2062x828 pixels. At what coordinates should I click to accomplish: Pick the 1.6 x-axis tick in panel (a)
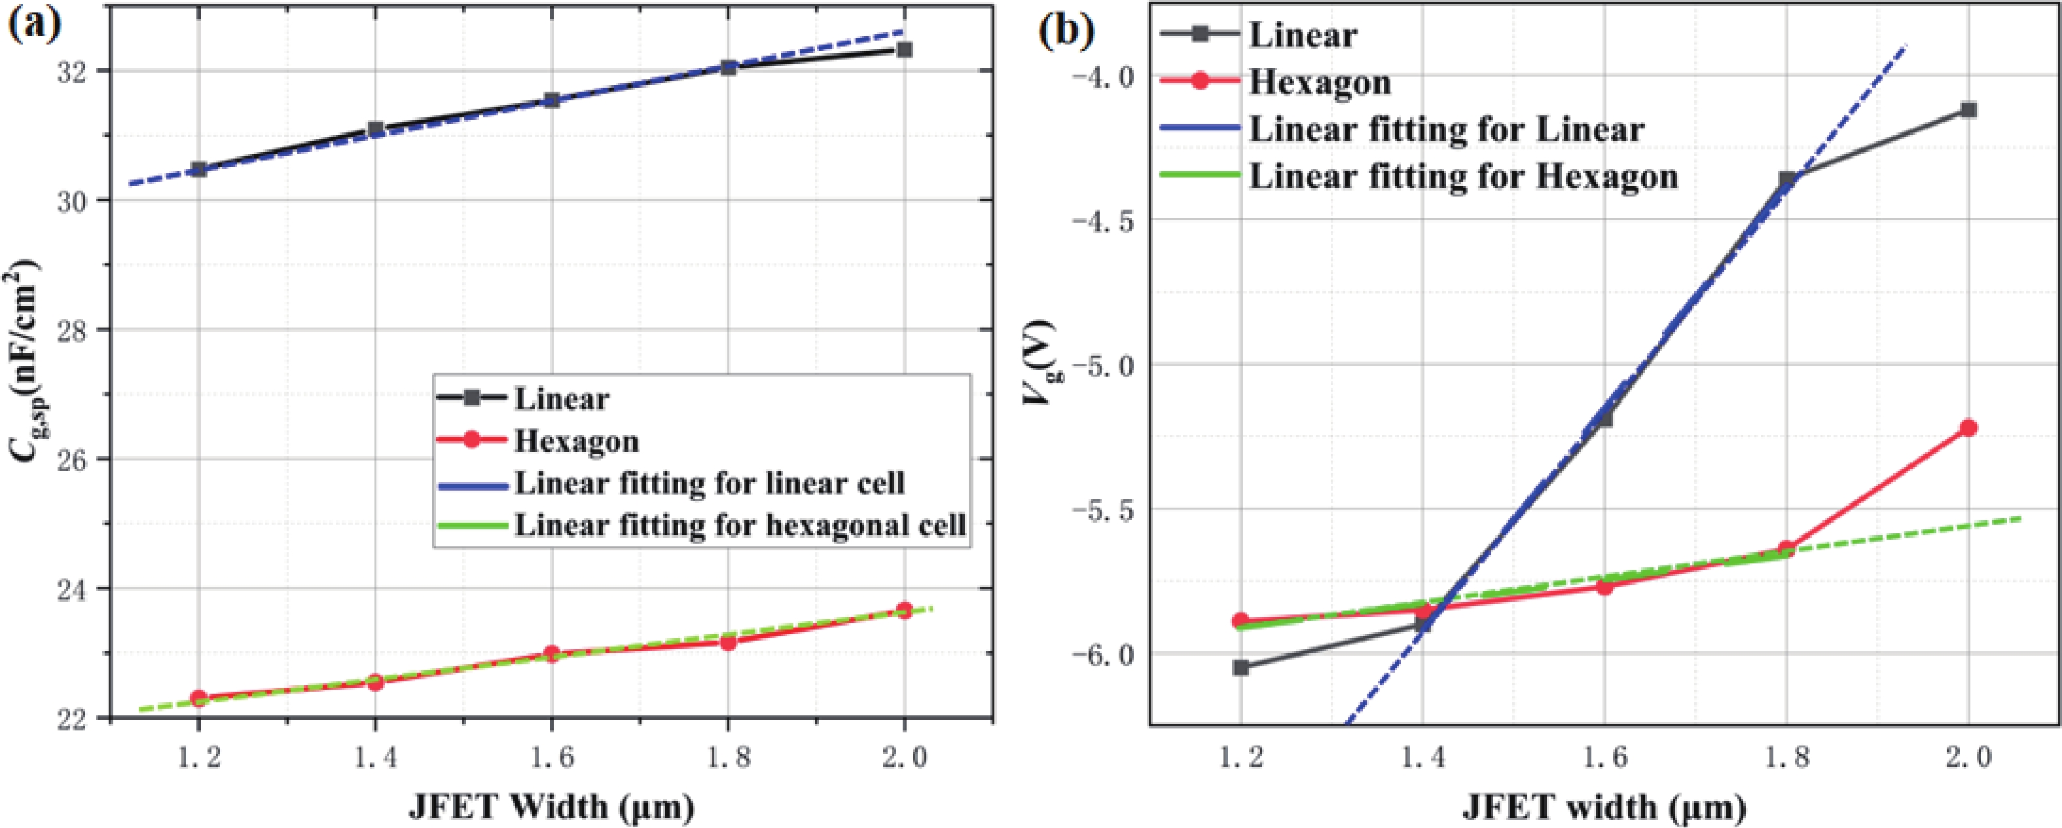pos(552,757)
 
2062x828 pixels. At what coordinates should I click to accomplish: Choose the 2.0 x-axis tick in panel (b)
pos(1968,757)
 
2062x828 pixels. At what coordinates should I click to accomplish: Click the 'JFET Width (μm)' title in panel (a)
pos(552,806)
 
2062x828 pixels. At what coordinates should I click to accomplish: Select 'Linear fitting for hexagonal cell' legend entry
pos(740,526)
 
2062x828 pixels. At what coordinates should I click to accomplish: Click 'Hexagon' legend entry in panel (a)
pos(576,442)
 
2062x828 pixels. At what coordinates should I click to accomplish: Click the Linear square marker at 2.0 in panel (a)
pos(905,50)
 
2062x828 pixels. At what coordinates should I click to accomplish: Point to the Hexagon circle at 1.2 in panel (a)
pos(198,698)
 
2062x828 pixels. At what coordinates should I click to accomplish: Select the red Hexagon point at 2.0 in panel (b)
pos(1968,428)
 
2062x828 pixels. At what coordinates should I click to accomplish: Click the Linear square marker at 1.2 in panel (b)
pos(1240,667)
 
